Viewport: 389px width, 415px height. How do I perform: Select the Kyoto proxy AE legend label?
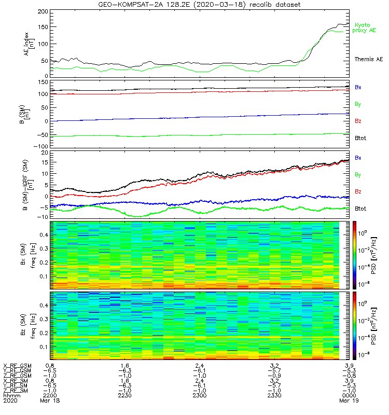point(364,28)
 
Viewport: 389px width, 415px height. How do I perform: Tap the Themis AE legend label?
point(369,59)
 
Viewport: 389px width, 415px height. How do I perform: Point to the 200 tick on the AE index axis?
point(43,11)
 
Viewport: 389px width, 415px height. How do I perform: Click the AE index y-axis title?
point(29,44)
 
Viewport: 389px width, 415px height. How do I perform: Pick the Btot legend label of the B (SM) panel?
point(360,138)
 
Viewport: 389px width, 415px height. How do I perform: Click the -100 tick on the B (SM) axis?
point(41,146)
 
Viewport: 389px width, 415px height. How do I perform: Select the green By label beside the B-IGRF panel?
point(358,175)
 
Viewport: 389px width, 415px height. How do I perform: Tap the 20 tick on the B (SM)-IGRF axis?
point(45,153)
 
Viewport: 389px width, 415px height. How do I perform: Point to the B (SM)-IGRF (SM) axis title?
point(28,185)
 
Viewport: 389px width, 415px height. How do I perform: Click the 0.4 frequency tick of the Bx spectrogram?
point(44,235)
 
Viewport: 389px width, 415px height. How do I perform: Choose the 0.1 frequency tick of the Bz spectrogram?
point(44,347)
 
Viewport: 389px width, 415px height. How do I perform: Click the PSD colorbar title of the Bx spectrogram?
point(373,255)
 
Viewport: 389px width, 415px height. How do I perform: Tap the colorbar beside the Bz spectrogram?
point(354,326)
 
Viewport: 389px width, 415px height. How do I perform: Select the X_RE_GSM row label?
point(17,366)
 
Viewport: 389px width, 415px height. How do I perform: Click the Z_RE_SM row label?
point(16,391)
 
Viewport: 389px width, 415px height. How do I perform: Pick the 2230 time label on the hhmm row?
point(124,395)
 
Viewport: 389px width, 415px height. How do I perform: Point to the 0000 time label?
point(349,395)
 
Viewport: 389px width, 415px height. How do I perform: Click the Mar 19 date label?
point(349,400)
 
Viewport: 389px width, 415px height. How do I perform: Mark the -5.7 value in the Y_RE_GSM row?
point(274,371)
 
